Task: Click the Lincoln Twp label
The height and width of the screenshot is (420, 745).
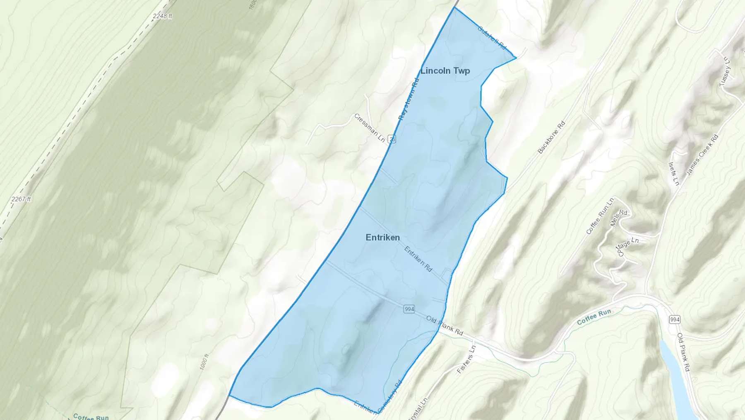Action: tap(445, 71)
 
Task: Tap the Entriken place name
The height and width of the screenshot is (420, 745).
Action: tap(383, 238)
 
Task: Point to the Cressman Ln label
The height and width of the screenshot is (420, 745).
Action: tap(370, 127)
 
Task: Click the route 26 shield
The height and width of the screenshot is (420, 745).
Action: tap(392, 139)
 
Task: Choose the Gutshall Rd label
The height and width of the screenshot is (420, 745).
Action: tap(492, 37)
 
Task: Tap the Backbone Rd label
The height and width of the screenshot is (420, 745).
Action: tap(551, 137)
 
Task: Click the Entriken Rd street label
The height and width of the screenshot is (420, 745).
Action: tap(418, 259)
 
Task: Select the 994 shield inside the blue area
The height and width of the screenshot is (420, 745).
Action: tap(409, 309)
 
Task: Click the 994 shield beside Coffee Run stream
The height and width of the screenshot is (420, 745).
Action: tap(674, 319)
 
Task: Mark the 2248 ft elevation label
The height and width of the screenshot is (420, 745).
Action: tap(162, 16)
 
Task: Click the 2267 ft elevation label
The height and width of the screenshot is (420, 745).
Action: tap(21, 199)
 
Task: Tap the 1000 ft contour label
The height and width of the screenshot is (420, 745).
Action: tap(204, 362)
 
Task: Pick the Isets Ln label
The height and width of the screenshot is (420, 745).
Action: tap(673, 173)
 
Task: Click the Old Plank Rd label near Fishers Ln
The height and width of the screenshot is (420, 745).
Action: tap(445, 326)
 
